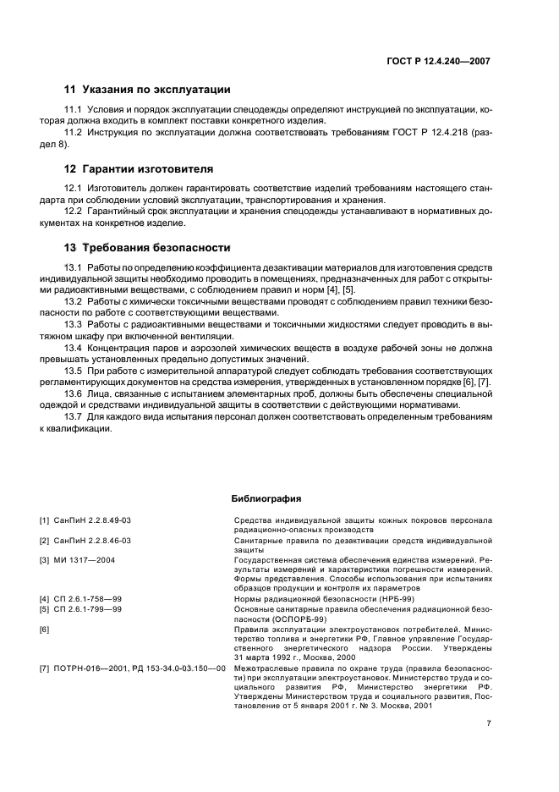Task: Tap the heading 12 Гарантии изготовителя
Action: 139,168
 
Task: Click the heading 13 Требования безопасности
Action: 147,248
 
